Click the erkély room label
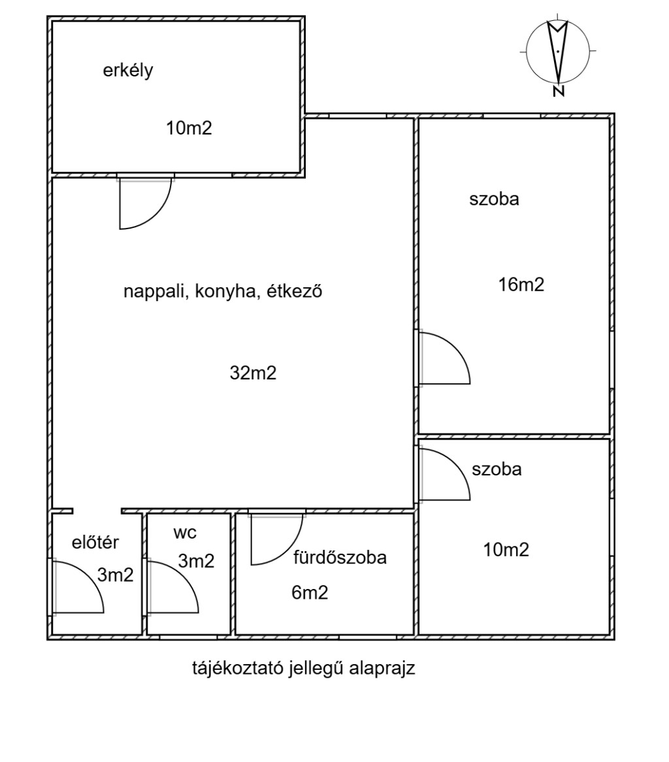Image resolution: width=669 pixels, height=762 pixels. pos(127,71)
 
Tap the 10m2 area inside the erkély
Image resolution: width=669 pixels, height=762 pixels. pos(189,129)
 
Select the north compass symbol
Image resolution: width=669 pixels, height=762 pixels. pos(557,52)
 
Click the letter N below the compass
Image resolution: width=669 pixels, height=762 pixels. pos(558,91)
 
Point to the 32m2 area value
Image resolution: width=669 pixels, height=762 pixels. pos(253,373)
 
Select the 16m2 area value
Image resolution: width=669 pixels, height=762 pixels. pos(521,285)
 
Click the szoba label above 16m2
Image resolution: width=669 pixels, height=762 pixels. pos(494,200)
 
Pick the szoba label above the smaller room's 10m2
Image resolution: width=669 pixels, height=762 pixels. pos(497,469)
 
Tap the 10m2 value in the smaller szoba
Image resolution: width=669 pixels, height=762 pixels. pos(506,550)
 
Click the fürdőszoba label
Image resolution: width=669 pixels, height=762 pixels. pos(340,558)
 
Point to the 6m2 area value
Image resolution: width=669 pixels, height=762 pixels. pos(309,592)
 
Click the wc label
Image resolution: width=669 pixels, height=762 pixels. pos(185,532)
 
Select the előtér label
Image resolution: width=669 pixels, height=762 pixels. pos(95,542)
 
